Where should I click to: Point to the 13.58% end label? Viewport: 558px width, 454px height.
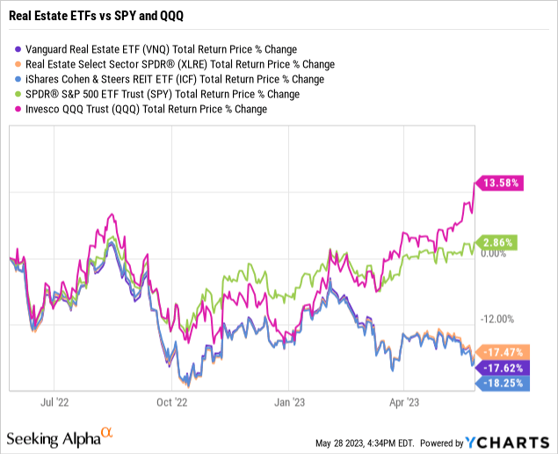click(x=500, y=184)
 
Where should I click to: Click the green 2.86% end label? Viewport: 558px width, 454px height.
click(x=497, y=242)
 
